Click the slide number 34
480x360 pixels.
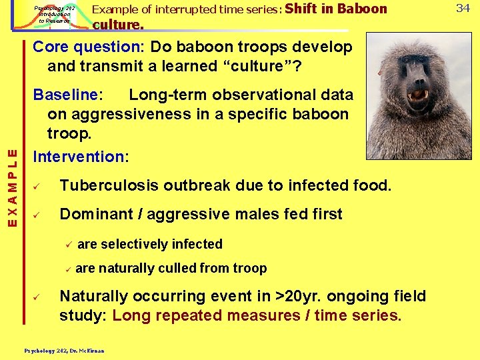pyautogui.click(x=463, y=8)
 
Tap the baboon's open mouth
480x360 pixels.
pyautogui.click(x=418, y=95)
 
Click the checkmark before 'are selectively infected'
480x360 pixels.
pyautogui.click(x=67, y=244)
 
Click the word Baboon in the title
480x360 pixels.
pyautogui.click(x=362, y=9)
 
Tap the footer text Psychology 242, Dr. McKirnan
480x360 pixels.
pyautogui.click(x=64, y=349)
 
